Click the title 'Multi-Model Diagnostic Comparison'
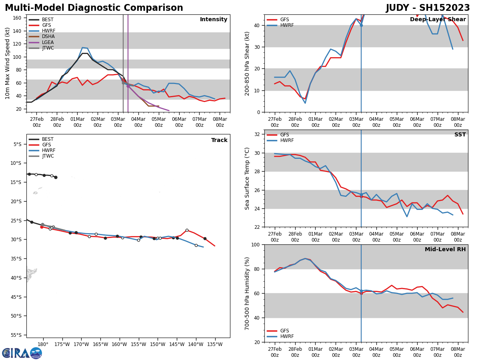coord(94,8)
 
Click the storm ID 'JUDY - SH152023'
coord(428,8)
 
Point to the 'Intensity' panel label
coord(214,20)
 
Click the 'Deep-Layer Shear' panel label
coord(438,20)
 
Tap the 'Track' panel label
coord(219,140)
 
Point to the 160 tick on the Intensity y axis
coord(18,18)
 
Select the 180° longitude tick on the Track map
coord(43,344)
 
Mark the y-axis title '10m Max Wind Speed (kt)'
coord(8,63)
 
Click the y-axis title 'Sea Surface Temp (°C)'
coord(247,178)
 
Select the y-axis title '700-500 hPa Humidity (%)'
coord(247,293)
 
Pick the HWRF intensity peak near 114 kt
coord(82,48)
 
